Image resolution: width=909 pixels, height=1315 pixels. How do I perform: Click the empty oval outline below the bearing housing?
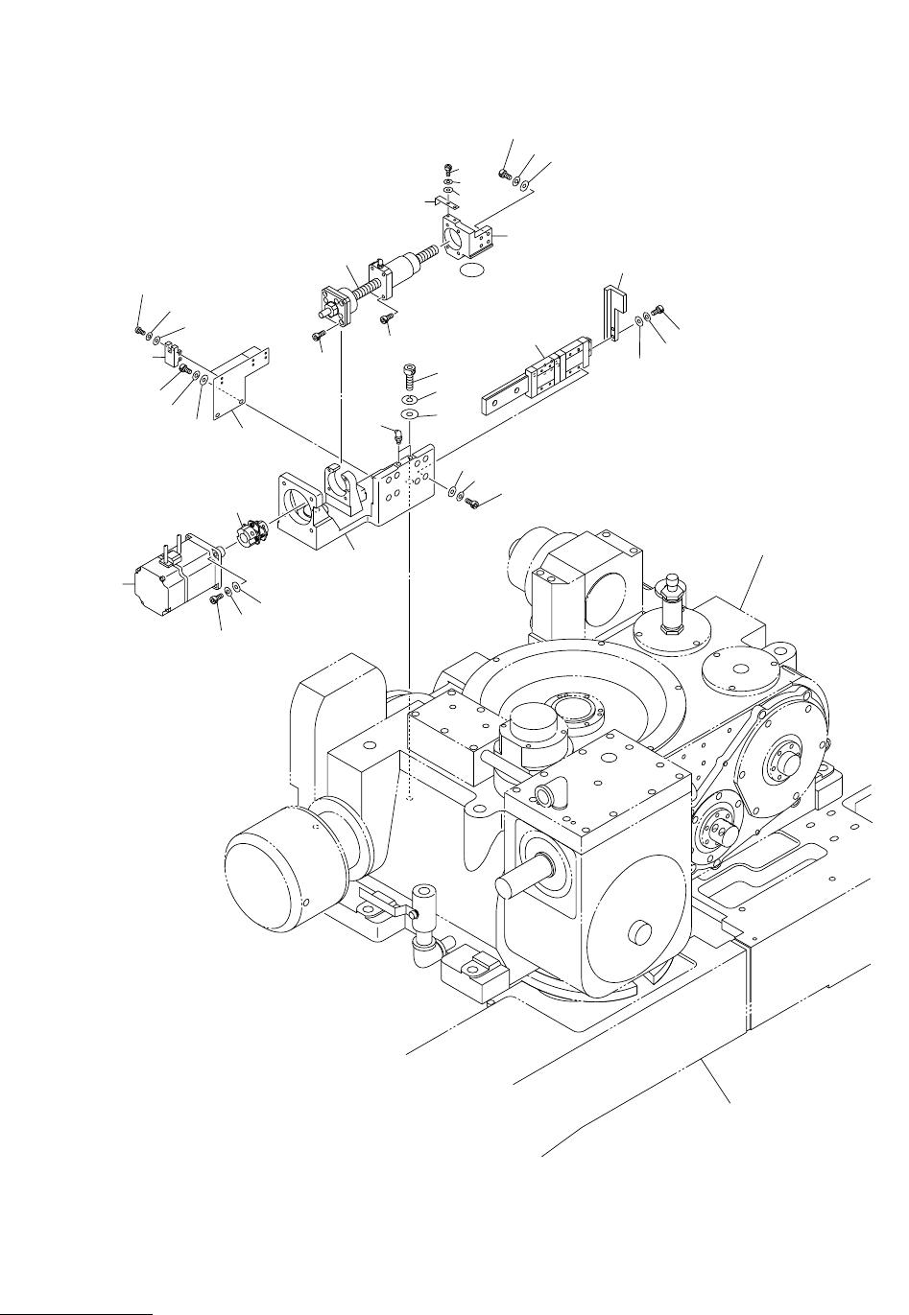[x=475, y=272]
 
